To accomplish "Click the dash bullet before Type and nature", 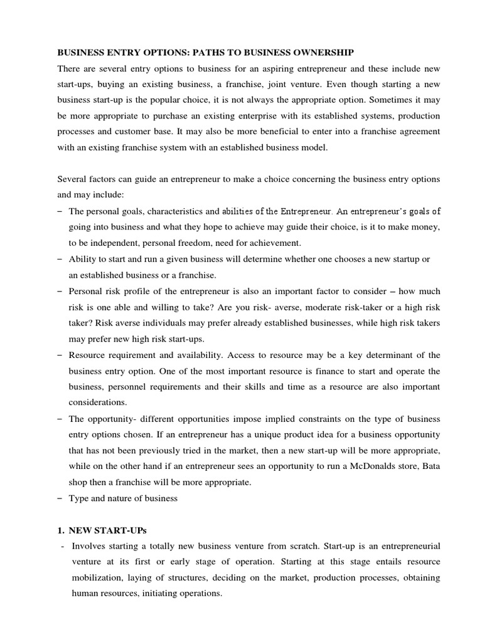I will [59, 499].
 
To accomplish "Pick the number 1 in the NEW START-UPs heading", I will [60, 531].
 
